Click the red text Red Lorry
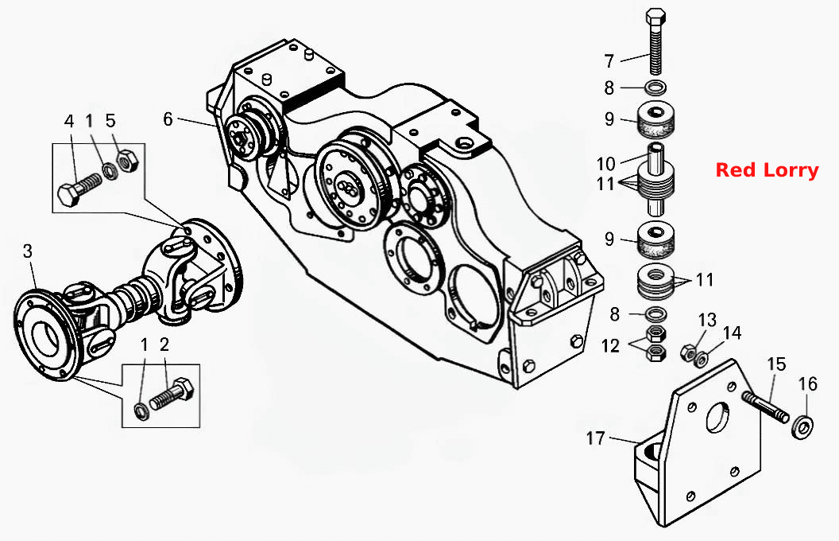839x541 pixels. point(767,169)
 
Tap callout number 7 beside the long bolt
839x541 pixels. point(609,61)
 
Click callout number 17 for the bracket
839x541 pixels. point(595,438)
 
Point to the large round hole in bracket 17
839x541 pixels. point(717,416)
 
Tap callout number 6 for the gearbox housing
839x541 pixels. point(168,119)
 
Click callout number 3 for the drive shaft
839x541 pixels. point(28,251)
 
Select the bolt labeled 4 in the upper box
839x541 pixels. point(79,189)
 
